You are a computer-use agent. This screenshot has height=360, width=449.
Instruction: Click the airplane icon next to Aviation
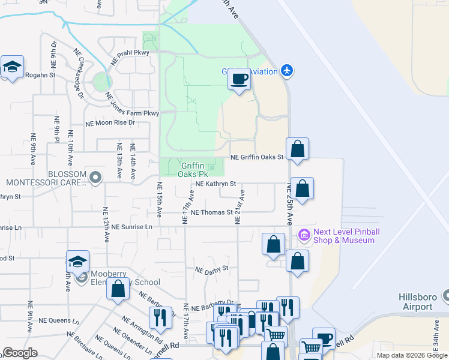click(287, 71)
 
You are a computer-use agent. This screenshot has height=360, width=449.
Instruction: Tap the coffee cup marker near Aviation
click(239, 80)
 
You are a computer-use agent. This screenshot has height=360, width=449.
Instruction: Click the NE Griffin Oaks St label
click(257, 157)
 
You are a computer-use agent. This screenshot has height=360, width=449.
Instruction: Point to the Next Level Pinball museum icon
click(304, 236)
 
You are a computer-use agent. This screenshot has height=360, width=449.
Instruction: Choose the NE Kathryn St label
click(215, 184)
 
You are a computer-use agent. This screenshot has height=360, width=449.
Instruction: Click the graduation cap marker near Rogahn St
click(11, 67)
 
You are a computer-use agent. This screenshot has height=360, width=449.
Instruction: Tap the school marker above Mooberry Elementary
click(77, 262)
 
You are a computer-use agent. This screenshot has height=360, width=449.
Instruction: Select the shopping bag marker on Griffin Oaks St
click(297, 149)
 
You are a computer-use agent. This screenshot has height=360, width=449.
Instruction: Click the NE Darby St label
click(212, 269)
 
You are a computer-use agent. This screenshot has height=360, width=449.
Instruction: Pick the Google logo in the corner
click(20, 353)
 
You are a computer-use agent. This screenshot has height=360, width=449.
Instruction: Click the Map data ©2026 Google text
click(412, 355)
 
